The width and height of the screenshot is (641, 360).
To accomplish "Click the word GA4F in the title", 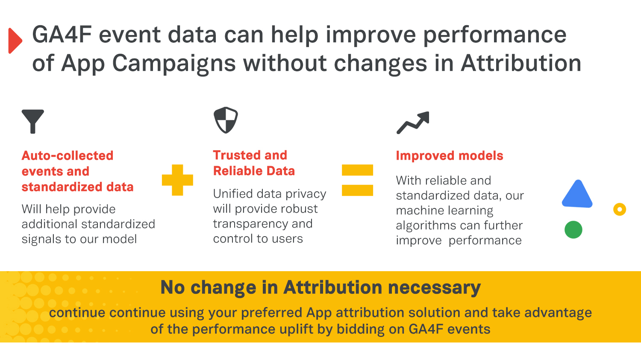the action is coord(62,35).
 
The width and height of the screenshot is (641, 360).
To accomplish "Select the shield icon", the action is coord(226,120).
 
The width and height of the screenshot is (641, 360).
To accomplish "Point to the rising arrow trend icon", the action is coord(413,123).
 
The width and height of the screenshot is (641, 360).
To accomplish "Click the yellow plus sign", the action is coord(177,180).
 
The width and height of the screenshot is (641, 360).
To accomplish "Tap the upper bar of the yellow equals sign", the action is coord(357,170).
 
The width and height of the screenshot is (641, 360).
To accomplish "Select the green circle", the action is coord(573,230).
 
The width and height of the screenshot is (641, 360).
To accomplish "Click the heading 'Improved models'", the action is coord(450,155).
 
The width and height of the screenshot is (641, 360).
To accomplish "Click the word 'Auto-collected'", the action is coord(68,155).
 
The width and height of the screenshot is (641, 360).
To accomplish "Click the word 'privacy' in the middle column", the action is coord(306,194).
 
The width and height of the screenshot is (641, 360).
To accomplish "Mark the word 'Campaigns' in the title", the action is coord(174,64).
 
